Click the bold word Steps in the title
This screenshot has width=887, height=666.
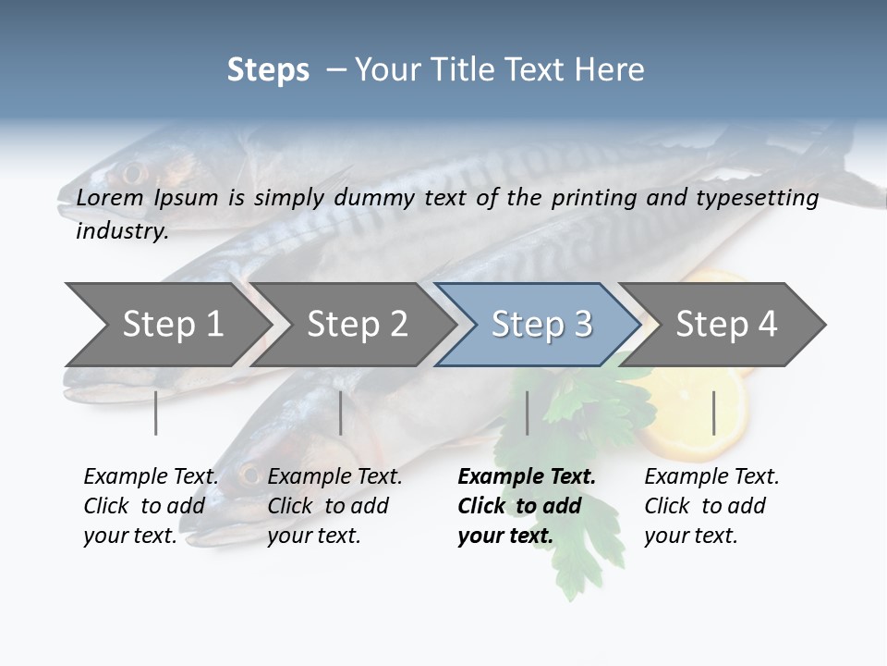pyautogui.click(x=268, y=70)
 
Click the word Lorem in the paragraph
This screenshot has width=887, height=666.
pyautogui.click(x=110, y=197)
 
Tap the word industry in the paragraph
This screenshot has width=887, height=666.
pyautogui.click(x=121, y=231)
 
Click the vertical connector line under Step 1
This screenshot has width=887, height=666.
pyautogui.click(x=156, y=413)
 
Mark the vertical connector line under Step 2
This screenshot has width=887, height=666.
pyautogui.click(x=341, y=413)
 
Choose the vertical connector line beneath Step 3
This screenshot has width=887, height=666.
pyautogui.click(x=527, y=413)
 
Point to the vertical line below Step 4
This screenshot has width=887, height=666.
pyautogui.click(x=713, y=413)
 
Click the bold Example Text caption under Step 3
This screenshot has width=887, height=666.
pyautogui.click(x=527, y=506)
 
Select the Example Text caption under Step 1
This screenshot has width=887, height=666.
pyautogui.click(x=151, y=506)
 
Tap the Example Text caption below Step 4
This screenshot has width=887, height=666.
pyautogui.click(x=711, y=506)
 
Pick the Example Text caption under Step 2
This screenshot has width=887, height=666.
pyautogui.click(x=334, y=506)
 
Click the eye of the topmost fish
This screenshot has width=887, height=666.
pyautogui.click(x=131, y=172)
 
